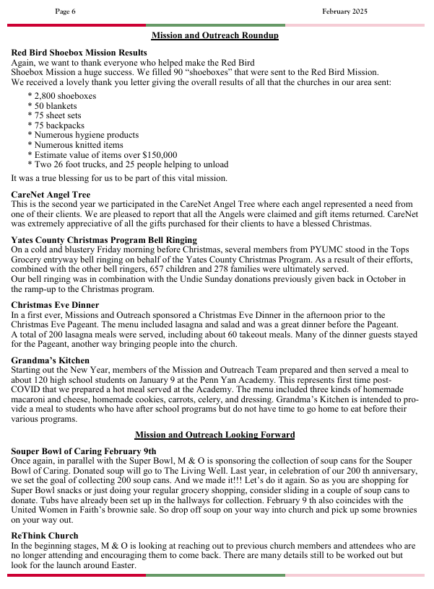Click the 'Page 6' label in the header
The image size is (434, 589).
65,12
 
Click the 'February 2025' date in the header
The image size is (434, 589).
344,12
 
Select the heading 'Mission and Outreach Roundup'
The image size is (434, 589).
214,35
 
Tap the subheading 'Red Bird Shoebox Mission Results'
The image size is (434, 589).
79,53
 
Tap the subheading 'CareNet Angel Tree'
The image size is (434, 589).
51,195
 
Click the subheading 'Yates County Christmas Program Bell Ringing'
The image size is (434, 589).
104,240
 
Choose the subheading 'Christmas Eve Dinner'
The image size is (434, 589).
55,305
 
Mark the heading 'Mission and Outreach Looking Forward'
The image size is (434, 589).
214,435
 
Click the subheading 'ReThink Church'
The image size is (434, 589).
45,536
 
